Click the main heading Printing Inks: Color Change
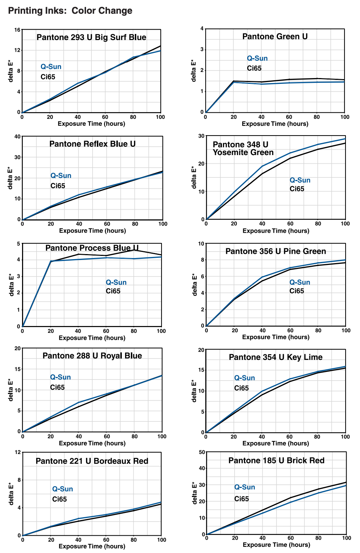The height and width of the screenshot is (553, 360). point(70,10)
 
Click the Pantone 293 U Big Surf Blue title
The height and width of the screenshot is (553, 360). point(91,37)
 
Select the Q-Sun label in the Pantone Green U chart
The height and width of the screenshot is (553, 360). point(257,58)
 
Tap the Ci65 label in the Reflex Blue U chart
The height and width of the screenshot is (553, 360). point(58,186)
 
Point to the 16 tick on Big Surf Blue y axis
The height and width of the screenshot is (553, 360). point(17,30)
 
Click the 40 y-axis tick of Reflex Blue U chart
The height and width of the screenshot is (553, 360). point(17,136)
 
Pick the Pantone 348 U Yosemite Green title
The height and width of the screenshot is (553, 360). point(243,149)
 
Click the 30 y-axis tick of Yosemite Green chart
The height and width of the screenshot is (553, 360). point(201,136)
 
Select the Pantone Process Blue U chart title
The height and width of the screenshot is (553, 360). point(92,248)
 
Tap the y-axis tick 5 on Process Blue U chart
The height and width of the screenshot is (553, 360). point(18,244)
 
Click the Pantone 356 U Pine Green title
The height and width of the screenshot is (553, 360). point(275,251)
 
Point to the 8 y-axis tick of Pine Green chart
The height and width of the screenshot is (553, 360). point(203,260)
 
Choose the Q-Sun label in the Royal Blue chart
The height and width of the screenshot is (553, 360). point(60,377)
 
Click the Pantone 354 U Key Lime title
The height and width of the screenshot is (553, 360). point(275,357)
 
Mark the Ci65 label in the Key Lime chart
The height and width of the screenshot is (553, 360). point(241,388)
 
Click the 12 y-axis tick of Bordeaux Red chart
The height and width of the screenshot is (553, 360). point(17,452)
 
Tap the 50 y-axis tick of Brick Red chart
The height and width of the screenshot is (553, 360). point(202,452)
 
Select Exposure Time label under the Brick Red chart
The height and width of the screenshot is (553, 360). point(276,545)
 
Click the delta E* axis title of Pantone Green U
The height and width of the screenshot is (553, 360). point(194,70)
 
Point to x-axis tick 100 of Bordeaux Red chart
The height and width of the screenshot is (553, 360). point(162,540)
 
